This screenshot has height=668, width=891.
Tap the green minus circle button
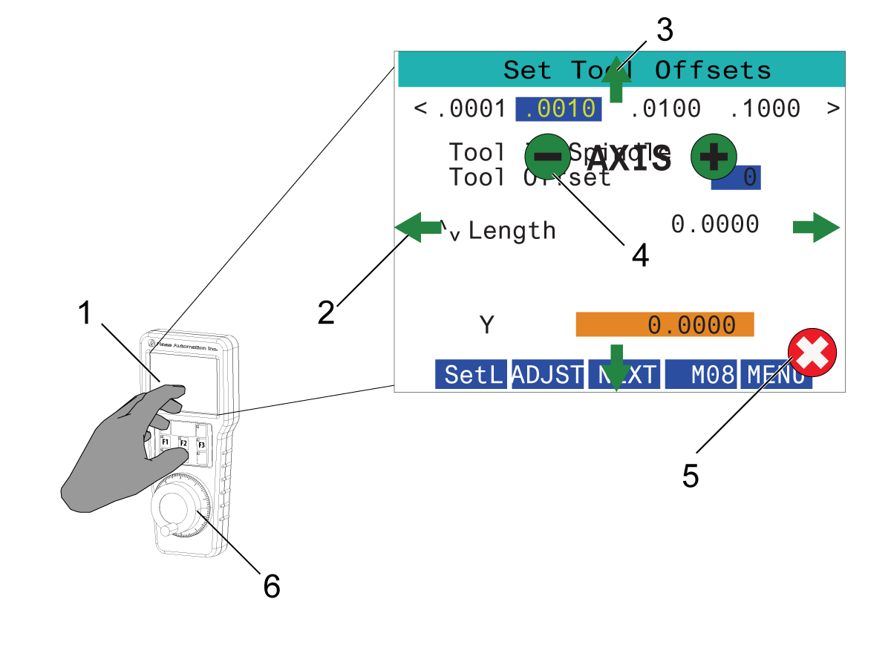point(548,157)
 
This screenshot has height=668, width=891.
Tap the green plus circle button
point(714,157)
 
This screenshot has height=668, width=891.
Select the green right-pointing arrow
point(816,227)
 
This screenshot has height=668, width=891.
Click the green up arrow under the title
point(616,82)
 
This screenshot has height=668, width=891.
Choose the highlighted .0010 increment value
point(558,109)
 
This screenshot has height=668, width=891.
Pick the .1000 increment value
point(765,109)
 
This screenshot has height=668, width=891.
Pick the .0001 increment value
point(471,109)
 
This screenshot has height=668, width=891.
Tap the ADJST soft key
point(548,376)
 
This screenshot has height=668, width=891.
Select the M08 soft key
point(702,376)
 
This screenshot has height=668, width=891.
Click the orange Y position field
point(665,324)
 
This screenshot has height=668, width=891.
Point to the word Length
point(512,231)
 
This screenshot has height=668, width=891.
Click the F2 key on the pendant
point(183,442)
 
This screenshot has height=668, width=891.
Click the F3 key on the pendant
point(201,445)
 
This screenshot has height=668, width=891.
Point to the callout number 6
point(272,587)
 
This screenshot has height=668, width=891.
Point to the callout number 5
point(691,477)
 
